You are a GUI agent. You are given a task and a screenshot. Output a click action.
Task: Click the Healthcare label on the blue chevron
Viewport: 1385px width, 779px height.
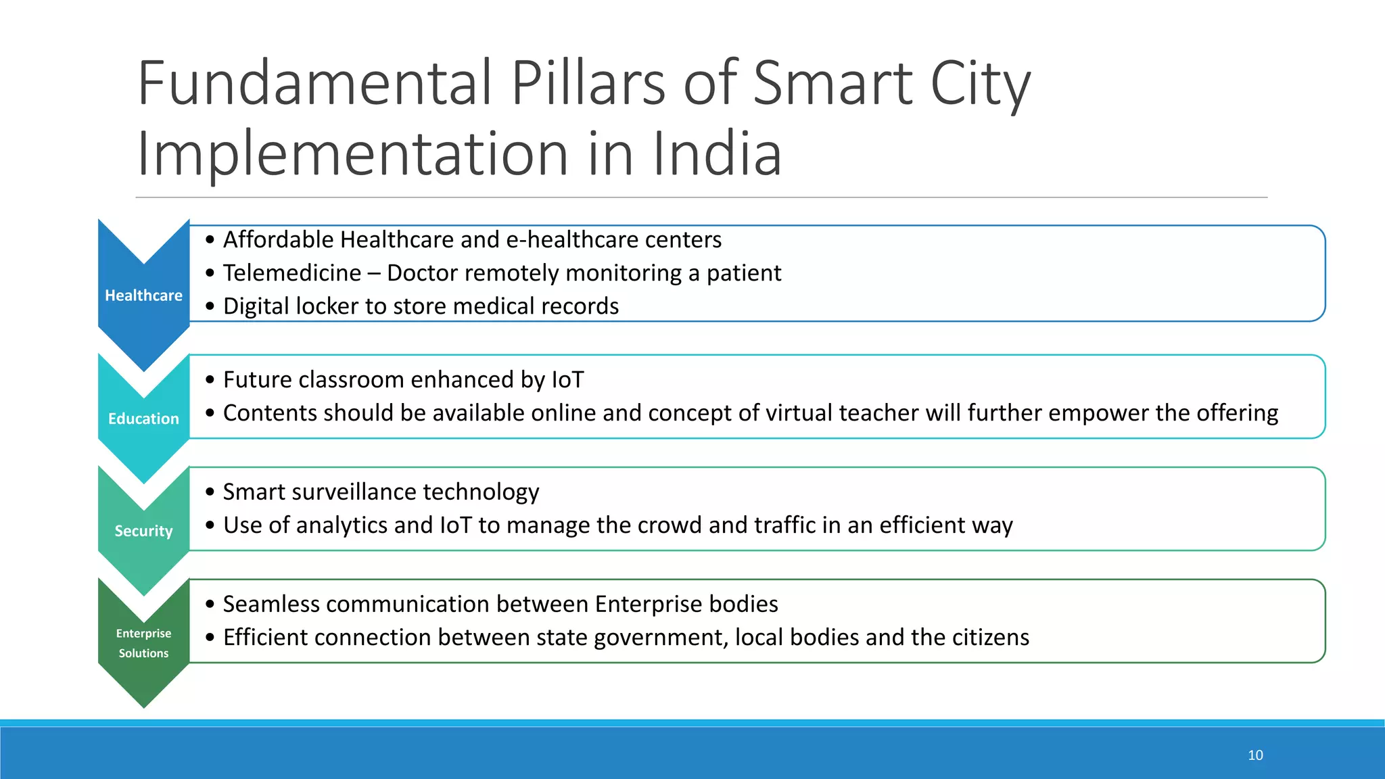click(x=143, y=296)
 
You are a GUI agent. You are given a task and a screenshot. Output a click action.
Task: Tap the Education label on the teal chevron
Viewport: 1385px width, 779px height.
click(x=143, y=419)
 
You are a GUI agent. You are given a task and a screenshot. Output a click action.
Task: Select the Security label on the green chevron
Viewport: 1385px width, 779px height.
click(x=143, y=531)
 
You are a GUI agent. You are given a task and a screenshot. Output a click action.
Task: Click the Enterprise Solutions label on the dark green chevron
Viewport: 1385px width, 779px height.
click(x=143, y=643)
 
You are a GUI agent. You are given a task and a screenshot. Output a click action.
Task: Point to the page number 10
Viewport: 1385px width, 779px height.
click(x=1255, y=755)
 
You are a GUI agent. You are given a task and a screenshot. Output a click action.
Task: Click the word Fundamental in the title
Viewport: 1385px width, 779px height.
click(x=314, y=84)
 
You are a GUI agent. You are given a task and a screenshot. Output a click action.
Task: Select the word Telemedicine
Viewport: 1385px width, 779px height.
click(x=292, y=273)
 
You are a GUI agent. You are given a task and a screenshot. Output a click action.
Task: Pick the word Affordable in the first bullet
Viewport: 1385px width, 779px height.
click(x=279, y=240)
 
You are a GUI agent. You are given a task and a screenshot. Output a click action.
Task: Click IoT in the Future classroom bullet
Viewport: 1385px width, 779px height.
click(x=567, y=380)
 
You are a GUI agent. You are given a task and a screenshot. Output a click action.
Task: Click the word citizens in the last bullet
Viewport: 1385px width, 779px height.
click(x=990, y=638)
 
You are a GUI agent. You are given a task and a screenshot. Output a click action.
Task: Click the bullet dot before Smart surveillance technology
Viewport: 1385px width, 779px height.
click(x=210, y=492)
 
